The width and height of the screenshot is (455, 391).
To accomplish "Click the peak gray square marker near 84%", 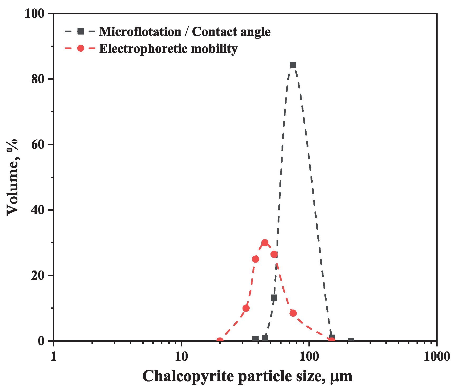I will coord(293,65).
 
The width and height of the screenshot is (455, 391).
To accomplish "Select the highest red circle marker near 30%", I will coord(265,243).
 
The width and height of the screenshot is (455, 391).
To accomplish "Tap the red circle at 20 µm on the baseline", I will coord(220,341).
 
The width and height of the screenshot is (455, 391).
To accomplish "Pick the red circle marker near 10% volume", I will coord(246,308).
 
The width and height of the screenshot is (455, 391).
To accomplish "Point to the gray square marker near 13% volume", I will coord(274,298).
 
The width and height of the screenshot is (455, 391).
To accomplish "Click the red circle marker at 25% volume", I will coord(255,259).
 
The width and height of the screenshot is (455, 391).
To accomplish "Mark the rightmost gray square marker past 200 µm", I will coord(351,340).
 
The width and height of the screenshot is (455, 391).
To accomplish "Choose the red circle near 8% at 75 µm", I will coord(293,313).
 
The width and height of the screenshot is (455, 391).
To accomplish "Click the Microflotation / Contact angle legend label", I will coord(185,32).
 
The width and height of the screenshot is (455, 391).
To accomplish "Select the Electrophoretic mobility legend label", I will coord(168,49).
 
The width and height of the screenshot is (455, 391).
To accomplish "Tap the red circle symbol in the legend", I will coord(80,49).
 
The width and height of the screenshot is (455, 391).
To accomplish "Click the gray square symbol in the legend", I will coord(80,32).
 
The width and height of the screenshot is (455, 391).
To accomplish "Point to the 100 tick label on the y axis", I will coord(35,13).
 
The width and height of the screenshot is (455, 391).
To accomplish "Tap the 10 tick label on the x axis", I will coord(181,356).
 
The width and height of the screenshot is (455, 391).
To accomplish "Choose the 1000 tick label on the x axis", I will coord(437,356).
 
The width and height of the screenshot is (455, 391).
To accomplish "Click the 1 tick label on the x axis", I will coord(54,356).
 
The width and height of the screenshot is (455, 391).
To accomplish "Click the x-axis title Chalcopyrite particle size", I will coord(247,376).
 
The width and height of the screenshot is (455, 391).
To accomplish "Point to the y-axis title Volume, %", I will coord(12,177).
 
